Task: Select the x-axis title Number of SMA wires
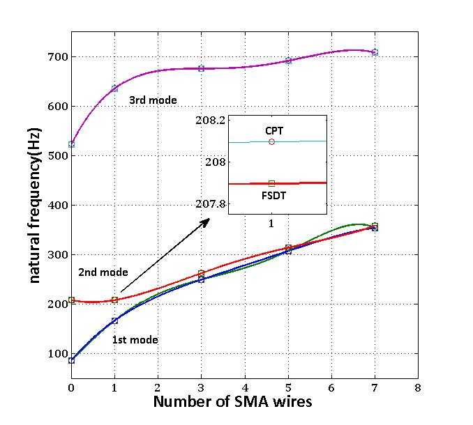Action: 232,402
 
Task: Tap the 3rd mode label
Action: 153,100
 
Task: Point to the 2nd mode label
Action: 103,272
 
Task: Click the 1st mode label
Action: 135,340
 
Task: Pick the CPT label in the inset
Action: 274,130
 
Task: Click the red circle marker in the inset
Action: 271,141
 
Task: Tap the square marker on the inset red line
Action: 271,183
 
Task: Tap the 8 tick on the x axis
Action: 417,387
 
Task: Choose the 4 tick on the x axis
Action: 245,387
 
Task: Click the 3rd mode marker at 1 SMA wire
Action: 115,88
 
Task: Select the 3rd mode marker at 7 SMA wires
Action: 375,52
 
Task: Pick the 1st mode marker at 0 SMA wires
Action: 72,360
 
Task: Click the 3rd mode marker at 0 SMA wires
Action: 72,144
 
